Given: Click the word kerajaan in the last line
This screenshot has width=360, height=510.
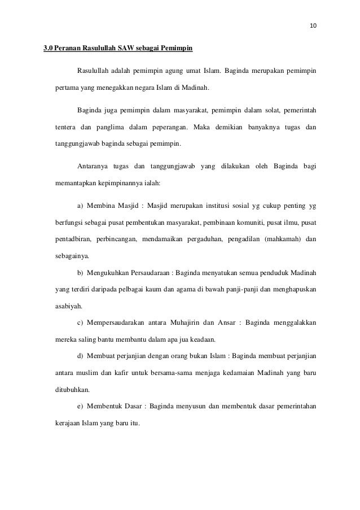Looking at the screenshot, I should tap(68, 423).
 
